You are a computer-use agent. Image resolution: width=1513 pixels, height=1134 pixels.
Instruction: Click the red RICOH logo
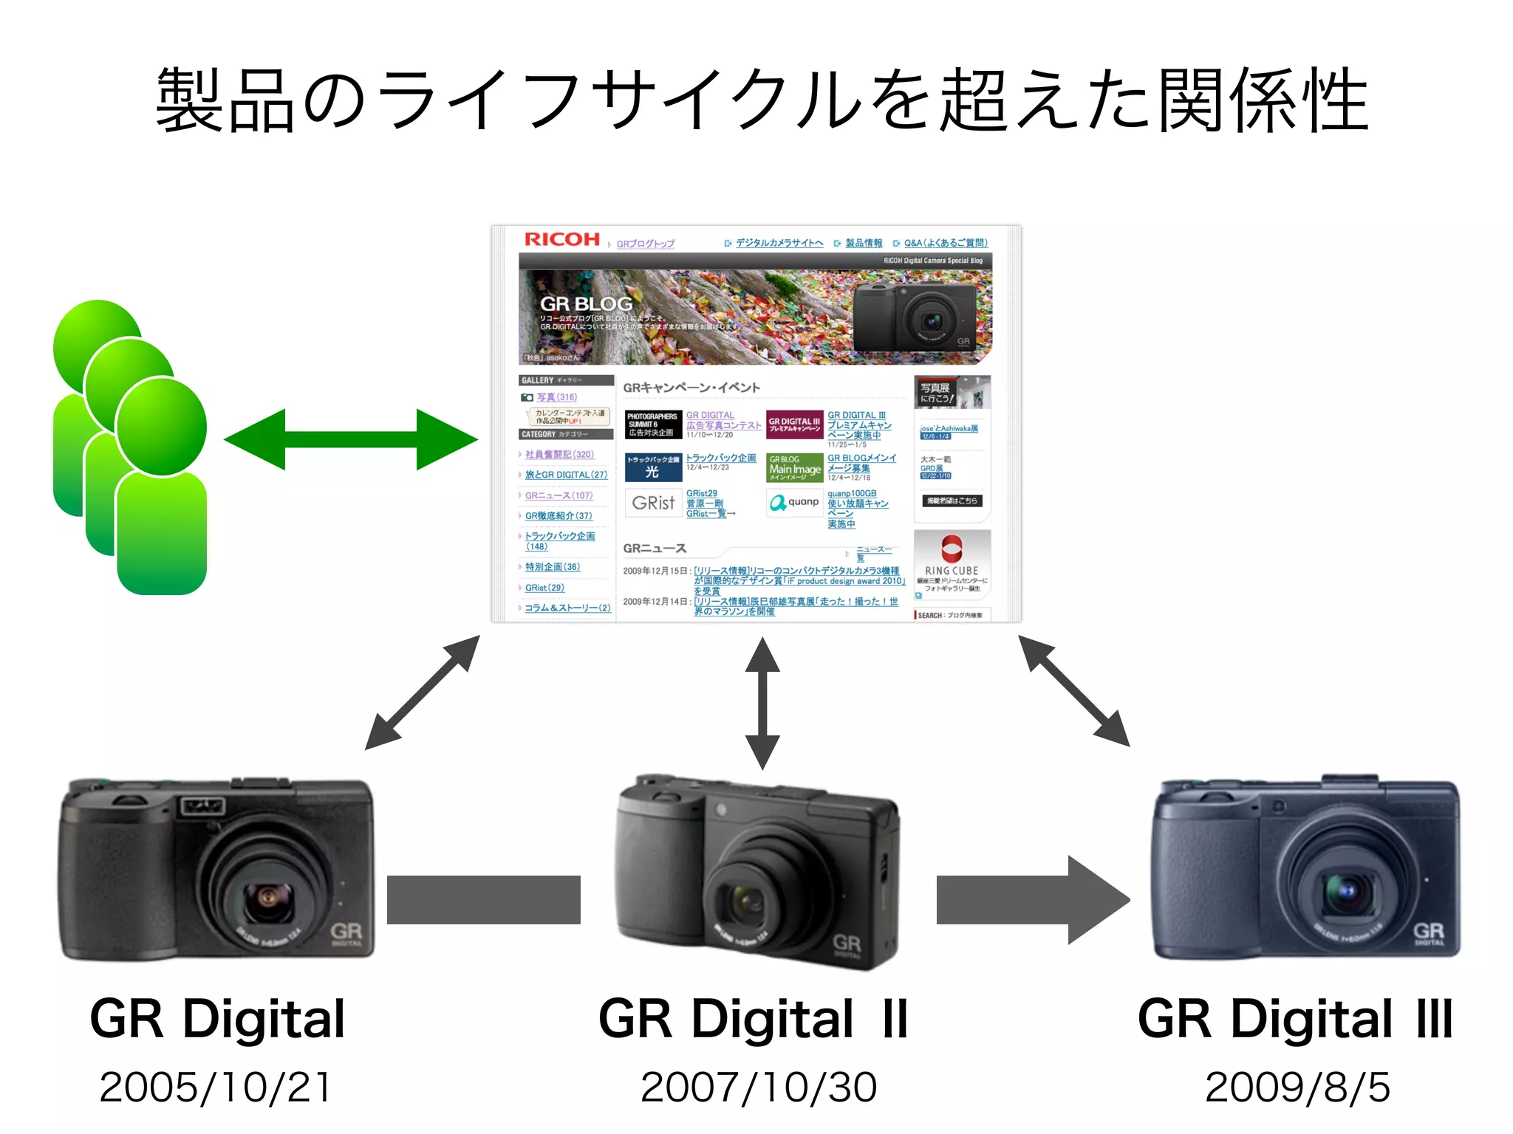561,239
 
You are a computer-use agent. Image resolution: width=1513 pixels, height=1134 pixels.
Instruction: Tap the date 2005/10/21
215,1087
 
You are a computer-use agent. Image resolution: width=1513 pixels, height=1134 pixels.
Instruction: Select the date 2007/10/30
759,1087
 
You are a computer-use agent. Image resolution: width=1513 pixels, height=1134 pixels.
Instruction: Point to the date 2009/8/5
1297,1087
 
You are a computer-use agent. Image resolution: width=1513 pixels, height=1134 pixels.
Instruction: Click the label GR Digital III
1295,1019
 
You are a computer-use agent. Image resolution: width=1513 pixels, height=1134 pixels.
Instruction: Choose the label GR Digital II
753,1019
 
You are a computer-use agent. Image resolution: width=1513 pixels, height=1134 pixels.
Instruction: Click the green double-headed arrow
351,439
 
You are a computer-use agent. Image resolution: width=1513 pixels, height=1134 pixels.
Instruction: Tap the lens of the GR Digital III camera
1346,890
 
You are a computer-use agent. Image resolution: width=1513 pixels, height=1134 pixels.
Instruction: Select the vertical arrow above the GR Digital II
762,703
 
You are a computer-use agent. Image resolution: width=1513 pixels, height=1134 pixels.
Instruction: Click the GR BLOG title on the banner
586,303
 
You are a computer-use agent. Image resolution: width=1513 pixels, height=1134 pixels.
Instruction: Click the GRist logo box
653,503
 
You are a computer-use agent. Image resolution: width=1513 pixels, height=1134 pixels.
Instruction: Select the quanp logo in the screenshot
794,503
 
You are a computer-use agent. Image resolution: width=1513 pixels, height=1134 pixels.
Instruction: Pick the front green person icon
161,487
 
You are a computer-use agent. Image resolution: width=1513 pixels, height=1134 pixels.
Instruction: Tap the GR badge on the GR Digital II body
847,944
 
